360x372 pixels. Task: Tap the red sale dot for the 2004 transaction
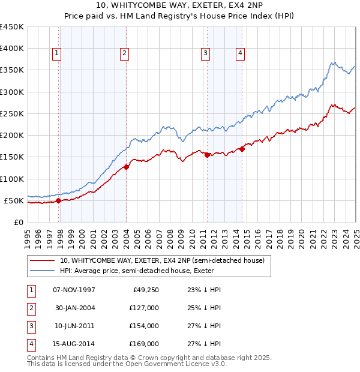pos(126,167)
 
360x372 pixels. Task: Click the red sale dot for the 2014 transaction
pos(242,149)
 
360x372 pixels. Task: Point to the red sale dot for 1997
pos(59,201)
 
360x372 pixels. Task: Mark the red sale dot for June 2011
pos(207,155)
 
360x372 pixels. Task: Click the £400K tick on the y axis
pos(11,49)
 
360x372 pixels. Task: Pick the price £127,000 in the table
pos(144,308)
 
